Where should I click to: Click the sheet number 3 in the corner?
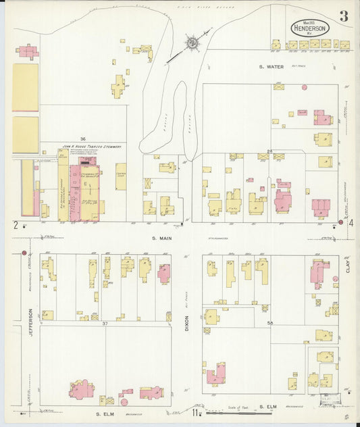[344, 17]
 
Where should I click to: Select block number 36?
[82, 139]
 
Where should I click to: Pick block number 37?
[105, 324]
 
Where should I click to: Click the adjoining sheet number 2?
[14, 224]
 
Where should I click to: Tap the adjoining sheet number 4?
[351, 223]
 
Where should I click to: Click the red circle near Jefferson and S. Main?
[24, 253]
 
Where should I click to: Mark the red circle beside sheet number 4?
[341, 222]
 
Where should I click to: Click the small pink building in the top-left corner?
[27, 51]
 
